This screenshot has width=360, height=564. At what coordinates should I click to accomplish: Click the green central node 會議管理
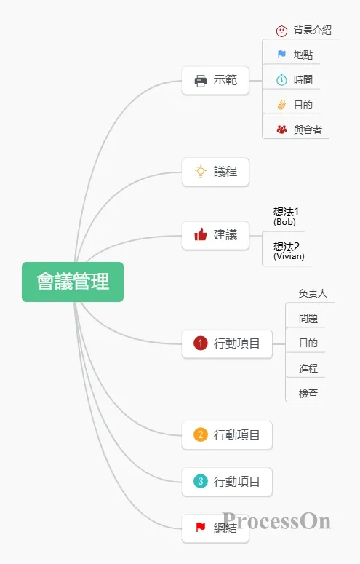coord(73,282)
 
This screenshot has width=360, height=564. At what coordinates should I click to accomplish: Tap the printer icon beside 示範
coord(201,81)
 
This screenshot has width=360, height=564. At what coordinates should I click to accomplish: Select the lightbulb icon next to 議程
coord(201,172)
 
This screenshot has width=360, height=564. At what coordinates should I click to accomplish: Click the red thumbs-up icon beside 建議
coord(201,234)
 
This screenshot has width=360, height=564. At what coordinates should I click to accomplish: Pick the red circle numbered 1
coord(201,343)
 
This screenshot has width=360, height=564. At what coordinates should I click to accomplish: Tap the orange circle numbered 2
coord(201,434)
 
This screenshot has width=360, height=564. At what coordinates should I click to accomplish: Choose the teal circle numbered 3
coord(201,481)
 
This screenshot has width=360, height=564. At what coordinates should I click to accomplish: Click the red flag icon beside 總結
coord(200,527)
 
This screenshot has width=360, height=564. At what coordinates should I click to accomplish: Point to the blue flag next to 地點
coord(281,55)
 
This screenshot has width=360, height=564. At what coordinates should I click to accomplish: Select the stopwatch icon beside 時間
coord(281,79)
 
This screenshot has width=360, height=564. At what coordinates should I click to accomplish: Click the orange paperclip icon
coord(281,105)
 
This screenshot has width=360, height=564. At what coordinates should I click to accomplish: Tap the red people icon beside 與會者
coord(281,129)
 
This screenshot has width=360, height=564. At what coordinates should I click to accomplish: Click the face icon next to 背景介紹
coord(281,31)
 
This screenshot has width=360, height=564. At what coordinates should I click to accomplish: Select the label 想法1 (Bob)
coord(286,216)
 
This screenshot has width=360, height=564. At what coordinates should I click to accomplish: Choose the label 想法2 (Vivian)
coord(289,250)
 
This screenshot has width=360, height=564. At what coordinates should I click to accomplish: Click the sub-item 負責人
coord(313,293)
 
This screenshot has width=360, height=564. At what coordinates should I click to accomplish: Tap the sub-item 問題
coord(308,318)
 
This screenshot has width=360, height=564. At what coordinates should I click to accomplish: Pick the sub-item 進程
coord(308,368)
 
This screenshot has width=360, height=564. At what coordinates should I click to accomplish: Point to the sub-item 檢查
coord(308,393)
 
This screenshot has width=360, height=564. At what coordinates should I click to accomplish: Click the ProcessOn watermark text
coord(276,521)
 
